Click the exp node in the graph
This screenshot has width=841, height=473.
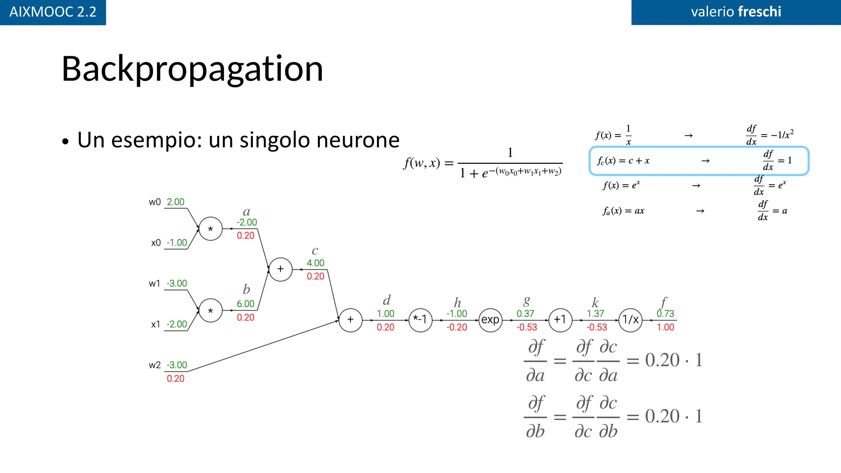(x=490, y=320)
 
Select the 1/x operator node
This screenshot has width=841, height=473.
(x=630, y=320)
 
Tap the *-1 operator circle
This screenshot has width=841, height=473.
(x=420, y=320)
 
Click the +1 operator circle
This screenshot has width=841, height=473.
(x=560, y=320)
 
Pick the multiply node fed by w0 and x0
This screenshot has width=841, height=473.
(x=211, y=229)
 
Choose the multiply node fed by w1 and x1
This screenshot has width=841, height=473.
(x=211, y=310)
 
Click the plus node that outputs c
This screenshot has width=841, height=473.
(x=280, y=269)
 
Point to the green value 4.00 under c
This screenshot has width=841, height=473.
(x=315, y=263)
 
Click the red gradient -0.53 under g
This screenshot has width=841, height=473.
(x=527, y=327)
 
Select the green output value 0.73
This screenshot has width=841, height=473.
(x=665, y=314)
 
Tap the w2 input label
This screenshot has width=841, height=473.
(x=154, y=365)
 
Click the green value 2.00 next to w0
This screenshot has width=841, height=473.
(x=175, y=202)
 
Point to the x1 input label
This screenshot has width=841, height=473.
(x=156, y=324)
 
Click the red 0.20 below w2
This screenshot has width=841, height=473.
(x=175, y=379)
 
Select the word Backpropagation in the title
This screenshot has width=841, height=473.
(x=192, y=69)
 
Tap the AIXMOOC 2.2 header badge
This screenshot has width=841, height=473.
(x=53, y=12)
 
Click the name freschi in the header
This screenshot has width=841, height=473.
(x=759, y=11)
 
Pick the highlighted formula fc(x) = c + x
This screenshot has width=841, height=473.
(x=623, y=161)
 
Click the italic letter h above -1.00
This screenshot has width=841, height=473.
(x=457, y=303)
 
